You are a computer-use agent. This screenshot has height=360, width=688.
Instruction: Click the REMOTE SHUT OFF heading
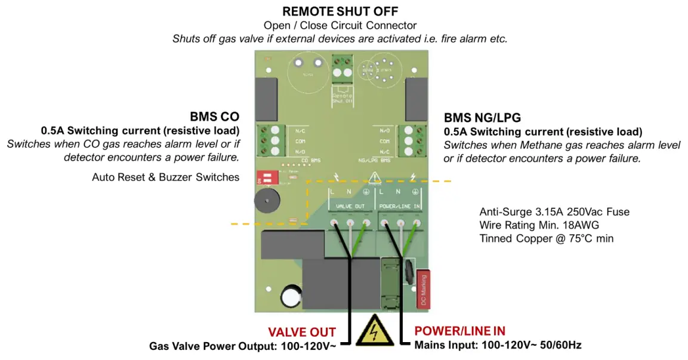coord(340,11)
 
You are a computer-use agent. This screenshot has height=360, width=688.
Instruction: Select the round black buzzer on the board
coord(267,202)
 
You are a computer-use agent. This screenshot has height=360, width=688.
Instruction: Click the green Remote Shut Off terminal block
coord(342,67)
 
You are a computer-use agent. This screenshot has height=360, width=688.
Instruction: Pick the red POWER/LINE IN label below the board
coord(459,331)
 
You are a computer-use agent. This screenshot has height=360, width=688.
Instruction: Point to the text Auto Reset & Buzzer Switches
coord(166,177)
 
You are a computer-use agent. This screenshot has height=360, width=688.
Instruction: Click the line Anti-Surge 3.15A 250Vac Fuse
coord(554,212)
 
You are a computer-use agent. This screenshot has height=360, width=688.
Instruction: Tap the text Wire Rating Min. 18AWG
coord(539,225)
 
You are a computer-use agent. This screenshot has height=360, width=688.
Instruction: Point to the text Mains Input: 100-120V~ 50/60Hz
coord(498,345)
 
